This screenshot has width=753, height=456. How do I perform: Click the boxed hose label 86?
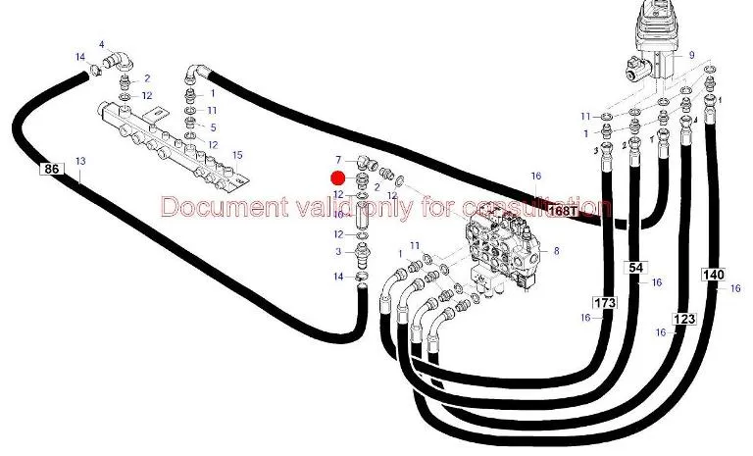[52, 170]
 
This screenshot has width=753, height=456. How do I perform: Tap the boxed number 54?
[635, 267]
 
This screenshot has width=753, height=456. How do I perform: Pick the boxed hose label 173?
[605, 303]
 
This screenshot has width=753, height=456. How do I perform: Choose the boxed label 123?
[683, 319]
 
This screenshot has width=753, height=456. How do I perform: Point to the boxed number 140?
[714, 275]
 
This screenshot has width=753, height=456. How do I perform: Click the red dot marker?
[338, 178]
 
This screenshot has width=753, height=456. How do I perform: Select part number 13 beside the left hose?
[80, 161]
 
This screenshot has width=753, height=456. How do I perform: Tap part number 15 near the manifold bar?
[236, 155]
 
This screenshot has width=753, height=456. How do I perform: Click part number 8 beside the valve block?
[556, 252]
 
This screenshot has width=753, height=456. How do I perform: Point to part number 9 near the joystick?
[690, 56]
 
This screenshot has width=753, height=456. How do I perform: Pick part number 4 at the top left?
[101, 44]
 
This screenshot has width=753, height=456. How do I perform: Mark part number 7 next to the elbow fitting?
[338, 159]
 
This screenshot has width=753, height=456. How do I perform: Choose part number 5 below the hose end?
[213, 127]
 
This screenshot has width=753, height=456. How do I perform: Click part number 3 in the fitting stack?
[338, 252]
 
